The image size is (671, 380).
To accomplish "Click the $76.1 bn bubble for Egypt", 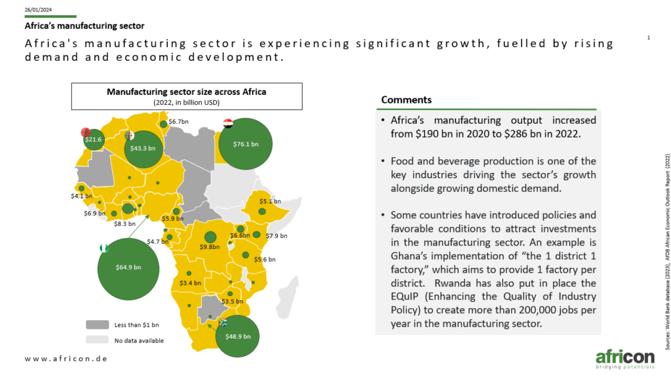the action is point(245,143).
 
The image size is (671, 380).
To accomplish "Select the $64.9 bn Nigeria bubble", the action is point(128,269).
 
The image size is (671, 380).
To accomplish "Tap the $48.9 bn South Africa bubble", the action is point(237,336).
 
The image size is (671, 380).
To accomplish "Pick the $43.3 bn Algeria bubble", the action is point(143,149).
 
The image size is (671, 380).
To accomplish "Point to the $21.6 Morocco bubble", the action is point(94,139).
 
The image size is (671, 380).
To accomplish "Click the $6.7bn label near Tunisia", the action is point(178,121).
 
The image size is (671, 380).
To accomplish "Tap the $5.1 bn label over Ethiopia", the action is point(270,201).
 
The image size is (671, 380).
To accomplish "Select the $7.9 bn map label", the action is point(277,236).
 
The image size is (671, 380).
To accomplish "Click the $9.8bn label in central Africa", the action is point(210,247).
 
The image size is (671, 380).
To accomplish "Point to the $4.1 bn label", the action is point(81,196).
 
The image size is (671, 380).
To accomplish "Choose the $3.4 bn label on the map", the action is point(190,283).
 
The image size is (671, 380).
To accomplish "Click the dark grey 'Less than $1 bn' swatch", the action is point(97,325).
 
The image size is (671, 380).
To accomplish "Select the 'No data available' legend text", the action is point(139,341).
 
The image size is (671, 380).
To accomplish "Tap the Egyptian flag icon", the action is point(228,123).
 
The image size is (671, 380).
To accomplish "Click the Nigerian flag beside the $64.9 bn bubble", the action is point(104,248).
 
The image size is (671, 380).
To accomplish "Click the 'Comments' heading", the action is point(406,100).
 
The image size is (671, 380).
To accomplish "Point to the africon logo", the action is point(624,360).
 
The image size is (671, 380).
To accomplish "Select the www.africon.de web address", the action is point(66,358).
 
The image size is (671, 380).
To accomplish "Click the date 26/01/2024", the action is point(38,9).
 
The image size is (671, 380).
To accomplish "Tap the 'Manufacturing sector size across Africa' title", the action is point(187,92).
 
